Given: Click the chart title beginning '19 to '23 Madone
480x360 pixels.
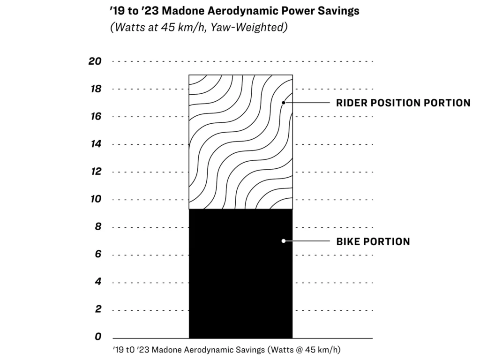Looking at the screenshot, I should [233, 11].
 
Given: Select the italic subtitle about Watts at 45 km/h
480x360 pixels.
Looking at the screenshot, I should [198, 27].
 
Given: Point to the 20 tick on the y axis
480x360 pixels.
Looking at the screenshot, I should [95, 61].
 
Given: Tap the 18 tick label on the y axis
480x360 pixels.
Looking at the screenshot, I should [96, 89].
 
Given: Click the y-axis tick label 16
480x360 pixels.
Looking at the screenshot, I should [96, 117].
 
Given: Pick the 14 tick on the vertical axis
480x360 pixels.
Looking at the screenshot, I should [96, 144].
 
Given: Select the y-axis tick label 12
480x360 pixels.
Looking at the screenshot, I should [96, 172].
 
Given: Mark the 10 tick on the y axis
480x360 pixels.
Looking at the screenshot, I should [96, 200].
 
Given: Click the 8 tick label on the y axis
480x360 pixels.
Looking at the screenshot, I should [98, 227].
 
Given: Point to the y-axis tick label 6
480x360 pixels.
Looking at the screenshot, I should [98, 255].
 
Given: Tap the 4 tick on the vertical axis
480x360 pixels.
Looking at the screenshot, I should [98, 282].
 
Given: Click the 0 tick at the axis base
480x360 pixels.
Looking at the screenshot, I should [98, 337].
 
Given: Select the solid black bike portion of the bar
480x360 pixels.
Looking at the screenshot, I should [240, 281].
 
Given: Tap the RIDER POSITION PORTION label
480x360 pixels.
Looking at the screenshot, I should [403, 103].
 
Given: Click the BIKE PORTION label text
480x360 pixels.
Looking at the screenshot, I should [373, 241].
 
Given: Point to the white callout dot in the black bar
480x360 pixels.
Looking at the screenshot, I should [283, 241].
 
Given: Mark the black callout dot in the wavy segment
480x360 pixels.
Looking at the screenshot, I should [283, 102].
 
